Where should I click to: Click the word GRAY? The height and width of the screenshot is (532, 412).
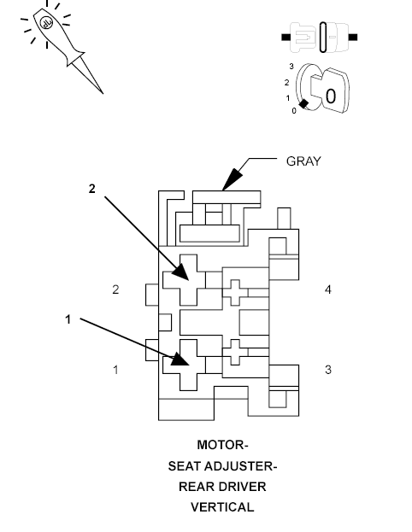point(303,161)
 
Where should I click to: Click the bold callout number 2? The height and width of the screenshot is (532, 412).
point(92,189)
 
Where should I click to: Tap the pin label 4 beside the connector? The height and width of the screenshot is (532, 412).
point(327,290)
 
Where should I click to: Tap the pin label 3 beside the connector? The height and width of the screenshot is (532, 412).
point(327,370)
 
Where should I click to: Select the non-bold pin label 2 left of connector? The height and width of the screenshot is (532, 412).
point(116,290)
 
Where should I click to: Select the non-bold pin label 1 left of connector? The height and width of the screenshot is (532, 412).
point(116,370)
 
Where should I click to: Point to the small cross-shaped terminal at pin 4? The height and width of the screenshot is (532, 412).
point(236,292)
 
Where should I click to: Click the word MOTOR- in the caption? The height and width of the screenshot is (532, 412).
point(223,445)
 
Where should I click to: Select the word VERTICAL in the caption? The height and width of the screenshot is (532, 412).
point(222,507)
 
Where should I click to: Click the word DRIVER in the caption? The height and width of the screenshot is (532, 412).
point(245,487)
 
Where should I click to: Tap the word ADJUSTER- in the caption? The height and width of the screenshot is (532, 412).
point(244,466)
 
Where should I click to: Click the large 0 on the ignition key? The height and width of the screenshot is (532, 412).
point(330,96)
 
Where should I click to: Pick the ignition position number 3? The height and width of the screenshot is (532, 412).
point(291,66)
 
